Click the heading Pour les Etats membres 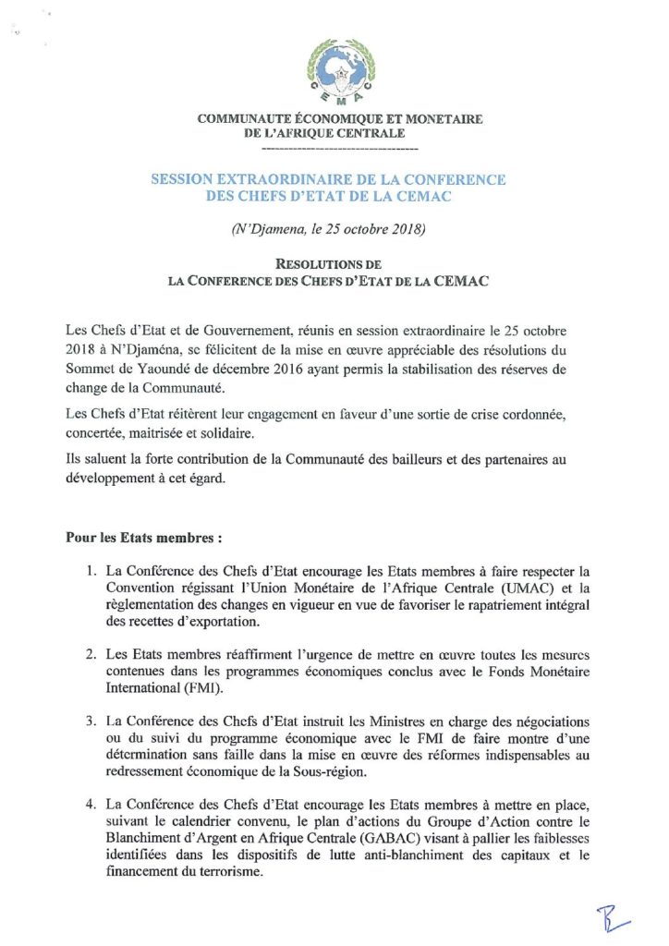(x=142, y=537)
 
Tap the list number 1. (x=91, y=571)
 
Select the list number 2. (x=91, y=654)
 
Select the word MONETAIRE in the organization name (x=432, y=119)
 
